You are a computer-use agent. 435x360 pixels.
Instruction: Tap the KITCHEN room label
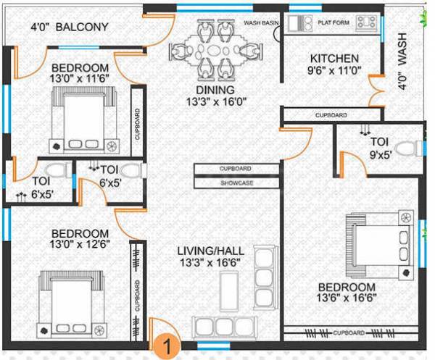point(333,58)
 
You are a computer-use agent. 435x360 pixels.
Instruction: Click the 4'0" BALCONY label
point(69,28)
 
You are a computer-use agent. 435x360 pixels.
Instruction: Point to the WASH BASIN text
point(261,22)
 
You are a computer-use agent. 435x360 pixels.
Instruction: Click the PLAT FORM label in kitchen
point(333,22)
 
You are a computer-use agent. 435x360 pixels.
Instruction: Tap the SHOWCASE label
point(236,183)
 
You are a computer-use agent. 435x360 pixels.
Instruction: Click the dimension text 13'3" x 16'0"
point(215,103)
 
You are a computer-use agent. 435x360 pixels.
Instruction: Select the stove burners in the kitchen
point(367,22)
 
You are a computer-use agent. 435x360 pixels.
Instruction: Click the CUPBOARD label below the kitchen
point(330,115)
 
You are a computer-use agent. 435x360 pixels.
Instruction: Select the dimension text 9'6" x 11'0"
point(333,72)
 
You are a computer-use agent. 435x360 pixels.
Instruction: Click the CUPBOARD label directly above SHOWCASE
point(236,169)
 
